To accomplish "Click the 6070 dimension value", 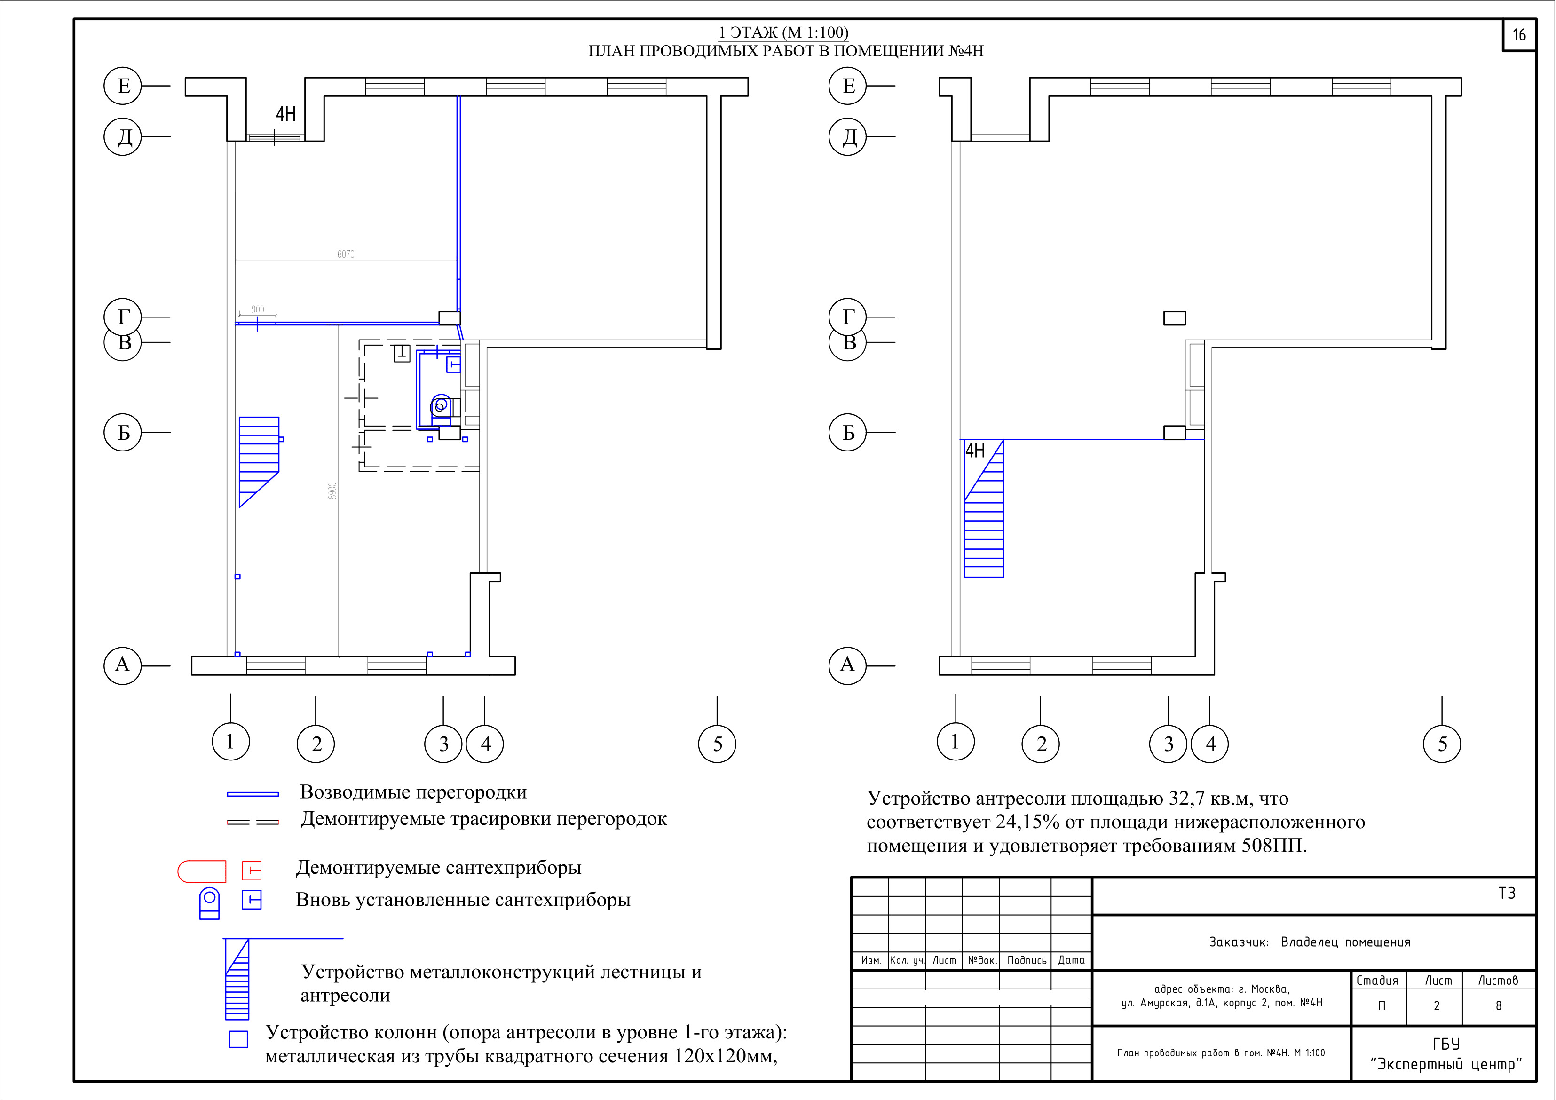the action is click(x=346, y=254).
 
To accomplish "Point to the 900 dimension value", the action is click(x=258, y=310).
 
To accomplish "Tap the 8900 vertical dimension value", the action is click(x=332, y=491).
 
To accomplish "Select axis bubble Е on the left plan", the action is click(x=123, y=86).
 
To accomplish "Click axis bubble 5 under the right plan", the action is click(x=1442, y=744).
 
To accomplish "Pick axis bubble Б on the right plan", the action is click(x=848, y=432).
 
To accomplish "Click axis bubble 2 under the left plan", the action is click(x=316, y=744).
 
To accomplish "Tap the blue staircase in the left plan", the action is click(x=259, y=461).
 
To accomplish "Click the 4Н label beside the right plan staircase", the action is click(x=975, y=450).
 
